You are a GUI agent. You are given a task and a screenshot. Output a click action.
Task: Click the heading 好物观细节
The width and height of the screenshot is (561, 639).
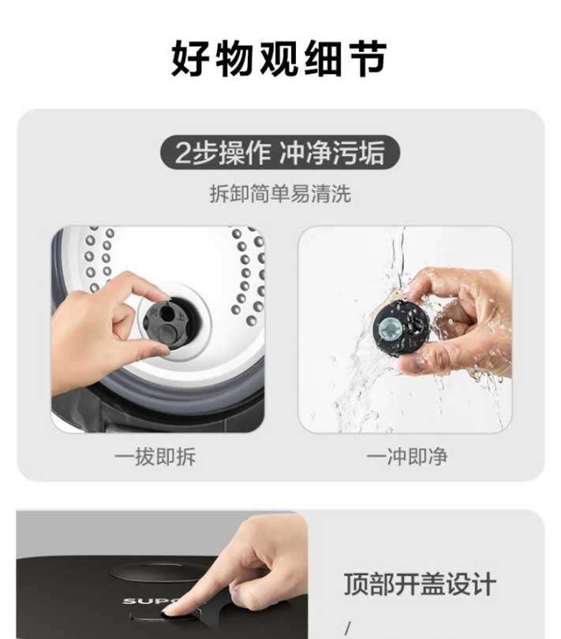point(279,58)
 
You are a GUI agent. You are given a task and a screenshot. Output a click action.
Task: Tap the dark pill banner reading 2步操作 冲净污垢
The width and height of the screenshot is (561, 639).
point(280,152)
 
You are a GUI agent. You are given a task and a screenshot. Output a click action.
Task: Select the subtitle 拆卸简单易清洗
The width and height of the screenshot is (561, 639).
point(280,194)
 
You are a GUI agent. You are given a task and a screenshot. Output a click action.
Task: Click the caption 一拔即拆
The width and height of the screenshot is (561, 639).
point(155,456)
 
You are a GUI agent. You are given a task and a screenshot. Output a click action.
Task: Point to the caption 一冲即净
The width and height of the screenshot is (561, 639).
point(407,456)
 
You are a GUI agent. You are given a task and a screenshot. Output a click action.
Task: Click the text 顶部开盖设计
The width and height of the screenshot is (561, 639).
point(420,584)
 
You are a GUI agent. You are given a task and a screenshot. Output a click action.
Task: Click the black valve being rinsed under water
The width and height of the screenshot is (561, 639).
point(401,329)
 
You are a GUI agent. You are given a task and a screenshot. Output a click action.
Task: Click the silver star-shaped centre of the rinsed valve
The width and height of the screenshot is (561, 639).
point(387,329)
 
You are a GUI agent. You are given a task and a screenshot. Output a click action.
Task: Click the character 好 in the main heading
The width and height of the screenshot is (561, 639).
point(189,58)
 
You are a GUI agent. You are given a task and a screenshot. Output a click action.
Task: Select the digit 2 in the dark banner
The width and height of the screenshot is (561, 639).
point(183,153)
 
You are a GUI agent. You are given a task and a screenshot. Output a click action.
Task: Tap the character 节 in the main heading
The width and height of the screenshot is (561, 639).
point(368,58)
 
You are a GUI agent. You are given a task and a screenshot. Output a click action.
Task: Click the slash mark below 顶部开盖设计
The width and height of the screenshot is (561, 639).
point(348,628)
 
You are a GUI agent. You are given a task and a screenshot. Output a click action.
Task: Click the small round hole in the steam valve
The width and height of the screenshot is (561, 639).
point(166,313)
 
